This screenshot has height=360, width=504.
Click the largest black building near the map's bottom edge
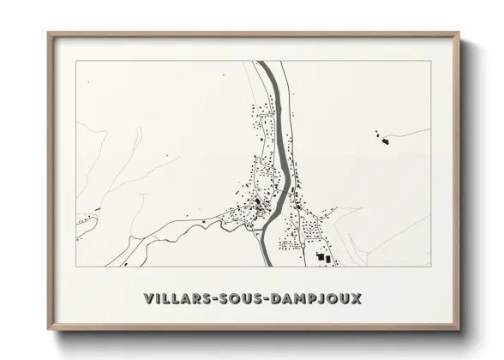[323, 256]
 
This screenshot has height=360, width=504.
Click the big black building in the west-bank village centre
[258, 205]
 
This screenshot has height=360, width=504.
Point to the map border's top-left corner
[76, 62]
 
